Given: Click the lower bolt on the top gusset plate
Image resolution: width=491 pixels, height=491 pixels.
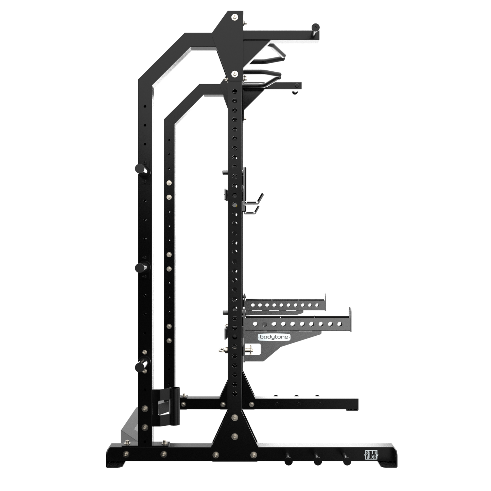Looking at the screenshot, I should click(234, 73).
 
